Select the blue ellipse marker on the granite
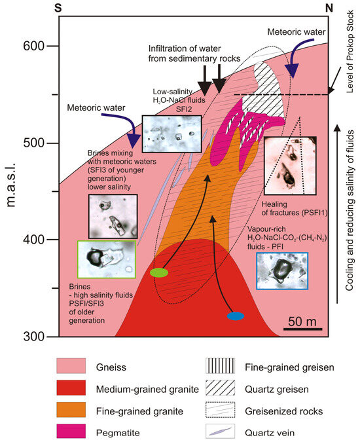tap(236, 316)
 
